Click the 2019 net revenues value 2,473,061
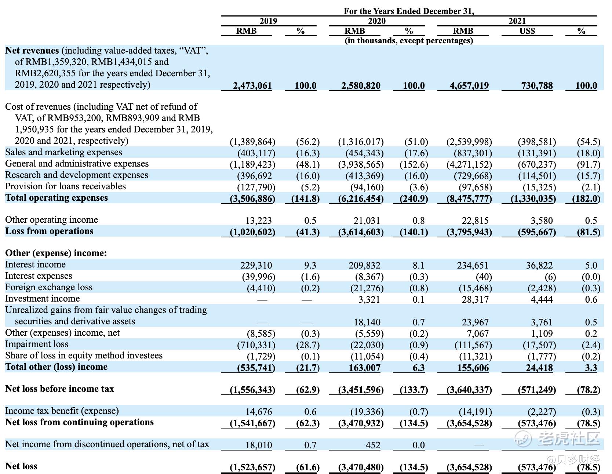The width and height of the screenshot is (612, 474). (x=252, y=86)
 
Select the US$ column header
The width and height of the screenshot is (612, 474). (x=527, y=31)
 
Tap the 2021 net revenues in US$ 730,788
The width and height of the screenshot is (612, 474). (x=537, y=86)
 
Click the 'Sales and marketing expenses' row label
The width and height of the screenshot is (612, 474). (x=63, y=152)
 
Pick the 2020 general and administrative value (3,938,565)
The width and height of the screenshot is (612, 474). (x=361, y=165)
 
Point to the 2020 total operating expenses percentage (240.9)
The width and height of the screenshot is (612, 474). (x=414, y=199)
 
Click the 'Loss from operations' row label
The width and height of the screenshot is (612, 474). (x=49, y=231)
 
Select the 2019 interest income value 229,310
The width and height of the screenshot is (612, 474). (x=256, y=265)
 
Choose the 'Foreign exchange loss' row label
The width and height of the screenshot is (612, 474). (x=49, y=287)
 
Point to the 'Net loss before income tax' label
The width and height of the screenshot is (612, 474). (x=59, y=389)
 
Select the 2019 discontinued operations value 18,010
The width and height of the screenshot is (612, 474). (x=259, y=445)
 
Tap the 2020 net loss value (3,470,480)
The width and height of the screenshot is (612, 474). (x=361, y=467)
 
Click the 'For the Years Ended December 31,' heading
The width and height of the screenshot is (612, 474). (x=409, y=11)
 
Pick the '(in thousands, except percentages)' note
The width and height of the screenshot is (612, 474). (x=409, y=40)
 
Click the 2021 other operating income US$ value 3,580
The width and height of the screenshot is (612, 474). (x=542, y=221)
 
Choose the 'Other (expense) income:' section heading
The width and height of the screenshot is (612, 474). (x=56, y=253)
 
